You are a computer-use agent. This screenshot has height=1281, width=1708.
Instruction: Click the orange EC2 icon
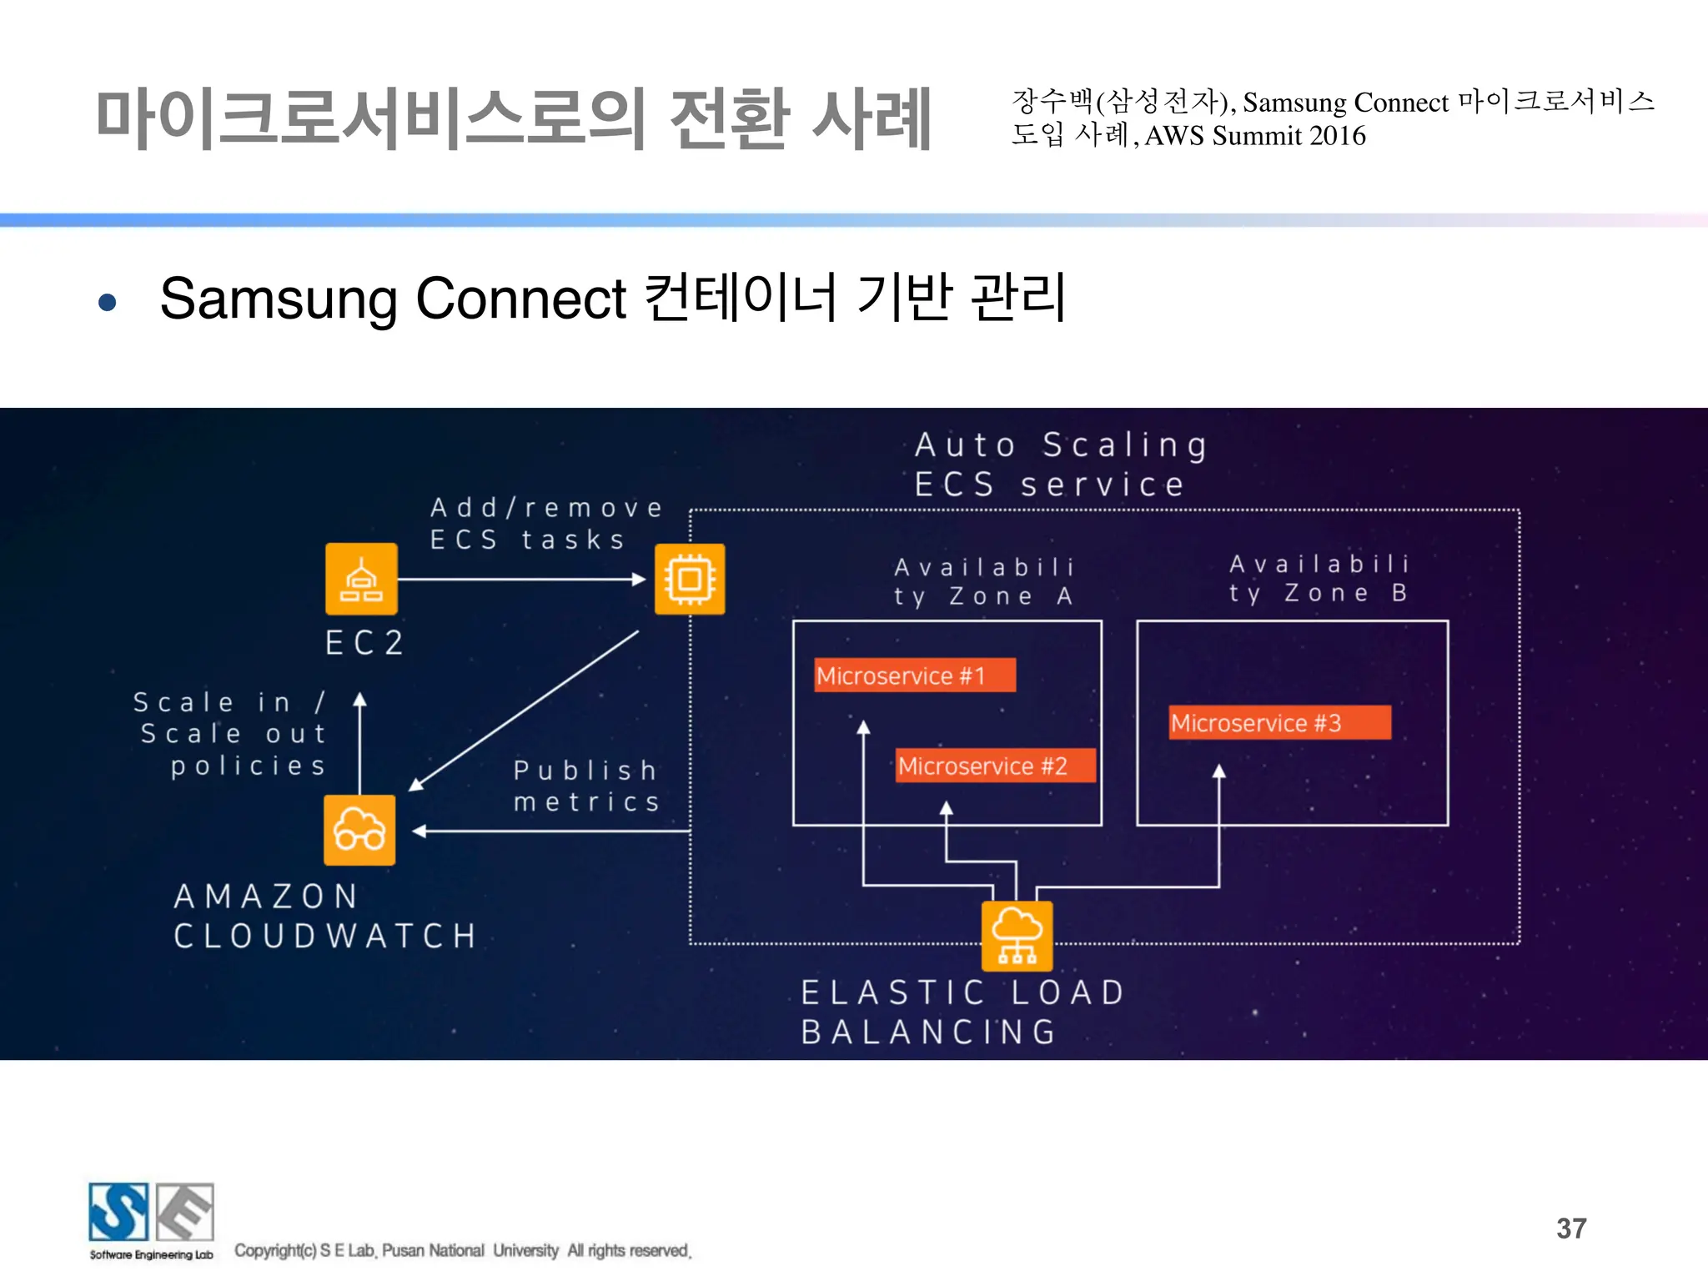coord(361,579)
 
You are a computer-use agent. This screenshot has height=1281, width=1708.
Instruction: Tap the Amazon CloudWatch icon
coord(359,830)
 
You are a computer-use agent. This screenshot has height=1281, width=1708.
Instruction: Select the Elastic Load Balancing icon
coord(1017,936)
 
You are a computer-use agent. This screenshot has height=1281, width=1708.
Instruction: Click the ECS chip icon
coord(690,579)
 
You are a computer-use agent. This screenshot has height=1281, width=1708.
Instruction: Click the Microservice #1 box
coord(915,675)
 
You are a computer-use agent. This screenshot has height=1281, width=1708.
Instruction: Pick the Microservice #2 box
coord(995,766)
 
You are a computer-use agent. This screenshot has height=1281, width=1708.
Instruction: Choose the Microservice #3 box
coord(1279,722)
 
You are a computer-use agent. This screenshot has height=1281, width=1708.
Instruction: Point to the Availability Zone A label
coord(984,581)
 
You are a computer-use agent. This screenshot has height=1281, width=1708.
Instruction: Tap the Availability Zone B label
coord(1319,578)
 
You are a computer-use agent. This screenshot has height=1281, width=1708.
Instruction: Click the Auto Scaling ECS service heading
coord(1059,465)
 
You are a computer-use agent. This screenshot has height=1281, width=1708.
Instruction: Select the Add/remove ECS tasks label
coord(546,523)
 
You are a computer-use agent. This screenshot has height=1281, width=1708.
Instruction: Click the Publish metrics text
coord(586,785)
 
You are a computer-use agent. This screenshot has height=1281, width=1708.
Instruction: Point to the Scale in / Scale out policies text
coord(231,734)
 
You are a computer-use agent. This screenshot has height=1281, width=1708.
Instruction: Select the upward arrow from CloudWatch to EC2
coord(359,742)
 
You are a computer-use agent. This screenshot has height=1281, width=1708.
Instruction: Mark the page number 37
coord(1571,1228)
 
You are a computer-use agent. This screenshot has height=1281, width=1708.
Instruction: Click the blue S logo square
coord(118,1212)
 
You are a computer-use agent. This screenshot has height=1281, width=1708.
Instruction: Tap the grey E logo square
coord(185,1212)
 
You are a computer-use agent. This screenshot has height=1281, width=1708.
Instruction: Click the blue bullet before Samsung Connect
coord(107,301)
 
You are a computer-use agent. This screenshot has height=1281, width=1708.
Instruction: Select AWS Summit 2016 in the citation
coord(1255,135)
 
